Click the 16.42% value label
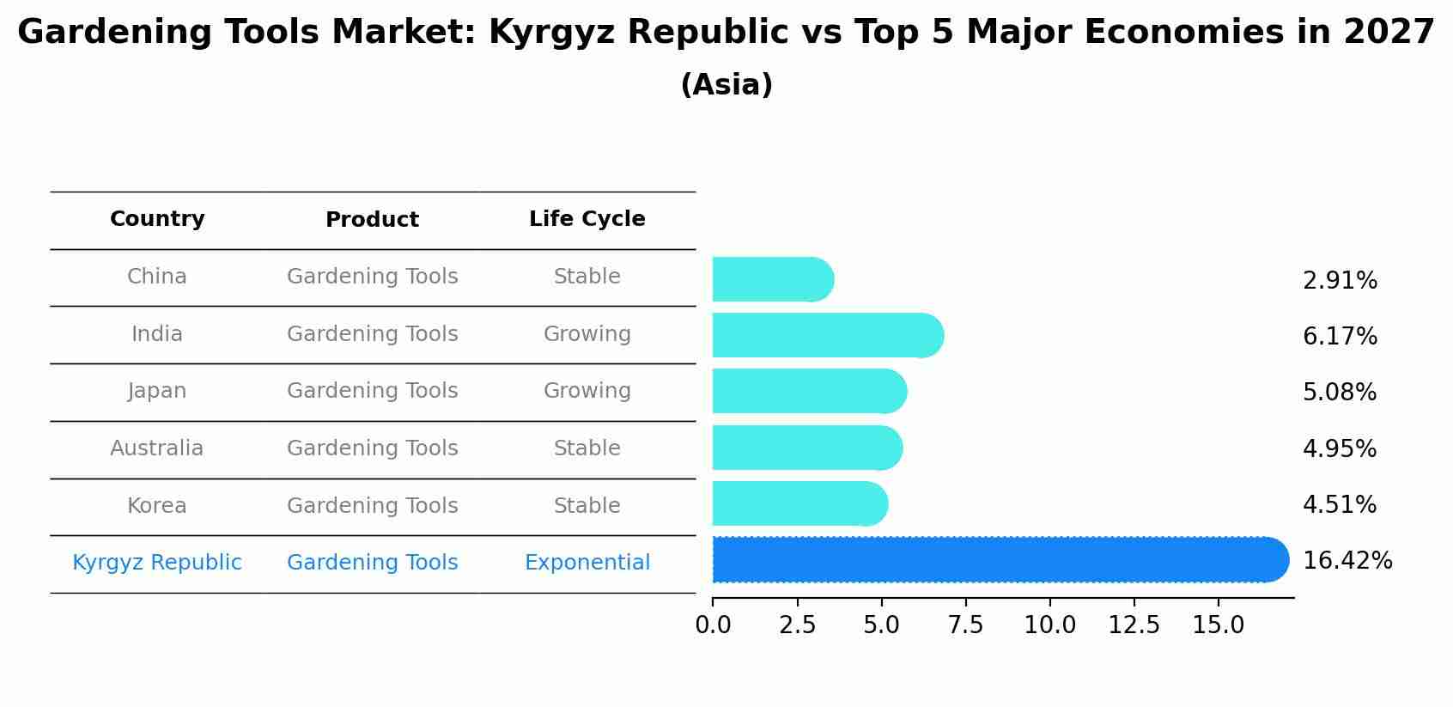tap(1347, 561)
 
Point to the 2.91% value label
tap(1340, 281)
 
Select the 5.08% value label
tap(1339, 393)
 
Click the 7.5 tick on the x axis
tap(965, 625)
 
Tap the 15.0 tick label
tap(1218, 625)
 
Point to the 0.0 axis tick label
tap(713, 625)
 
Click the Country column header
tap(157, 219)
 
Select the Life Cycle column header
tap(587, 219)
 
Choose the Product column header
tap(372, 220)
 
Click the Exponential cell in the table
tap(587, 563)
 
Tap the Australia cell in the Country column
tap(156, 448)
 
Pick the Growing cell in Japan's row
tap(587, 391)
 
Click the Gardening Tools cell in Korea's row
tap(372, 506)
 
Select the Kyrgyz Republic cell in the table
tap(156, 563)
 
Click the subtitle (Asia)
tap(726, 85)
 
